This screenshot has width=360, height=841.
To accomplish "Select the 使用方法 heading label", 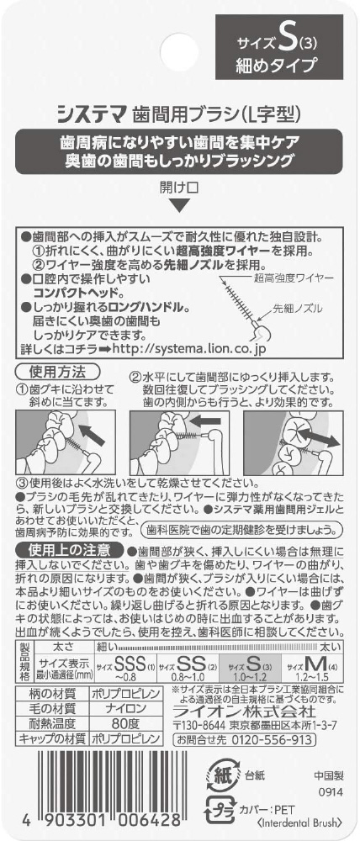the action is pos(59,371).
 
